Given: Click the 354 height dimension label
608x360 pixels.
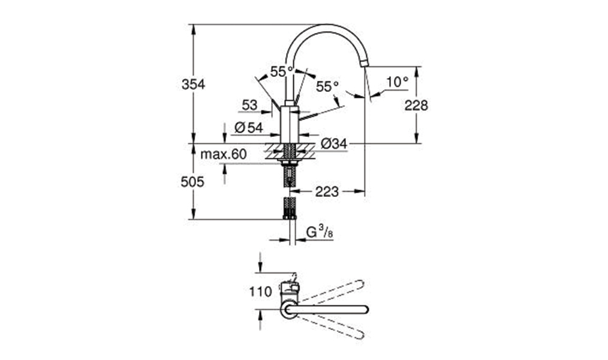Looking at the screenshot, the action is [193, 84].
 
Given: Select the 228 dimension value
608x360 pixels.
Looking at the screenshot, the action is [416, 105].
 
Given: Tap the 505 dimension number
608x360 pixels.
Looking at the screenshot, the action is [192, 182].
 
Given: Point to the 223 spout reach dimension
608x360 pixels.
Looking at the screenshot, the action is [327, 191].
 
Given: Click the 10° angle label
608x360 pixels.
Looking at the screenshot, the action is [398, 82].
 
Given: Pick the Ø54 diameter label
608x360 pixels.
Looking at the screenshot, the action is [249, 128].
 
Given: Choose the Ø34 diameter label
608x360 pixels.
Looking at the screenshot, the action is [334, 144].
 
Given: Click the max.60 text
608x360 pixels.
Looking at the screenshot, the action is [223, 154].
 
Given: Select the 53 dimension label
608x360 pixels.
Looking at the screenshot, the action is [249, 105].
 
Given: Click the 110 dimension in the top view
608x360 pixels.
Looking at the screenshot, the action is [261, 292].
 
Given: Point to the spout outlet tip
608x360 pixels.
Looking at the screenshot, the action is [365, 64].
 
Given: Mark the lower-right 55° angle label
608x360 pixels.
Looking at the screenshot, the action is [327, 86].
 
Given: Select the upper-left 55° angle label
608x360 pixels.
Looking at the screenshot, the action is [282, 72].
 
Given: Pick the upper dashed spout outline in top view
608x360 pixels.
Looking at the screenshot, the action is [332, 292].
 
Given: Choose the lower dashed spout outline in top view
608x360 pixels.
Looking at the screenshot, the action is [332, 327].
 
